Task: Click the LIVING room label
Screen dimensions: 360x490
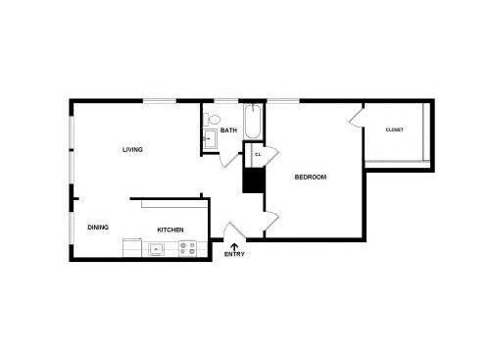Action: coord(132,150)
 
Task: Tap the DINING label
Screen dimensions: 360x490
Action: coord(98,228)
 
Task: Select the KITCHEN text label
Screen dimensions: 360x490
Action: coord(171,230)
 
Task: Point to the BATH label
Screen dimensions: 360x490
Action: coord(228,130)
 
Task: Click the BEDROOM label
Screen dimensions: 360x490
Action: coord(311,178)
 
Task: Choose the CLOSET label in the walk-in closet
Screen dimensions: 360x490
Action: coord(394,129)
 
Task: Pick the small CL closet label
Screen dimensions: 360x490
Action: coord(258,154)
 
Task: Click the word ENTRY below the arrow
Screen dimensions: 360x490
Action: coord(234,255)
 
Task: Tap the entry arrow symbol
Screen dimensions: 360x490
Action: coord(233,245)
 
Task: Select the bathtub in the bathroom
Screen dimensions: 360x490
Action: coord(253,124)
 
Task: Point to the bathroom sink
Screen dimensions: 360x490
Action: coord(208,139)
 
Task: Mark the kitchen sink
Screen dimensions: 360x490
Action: coord(157,249)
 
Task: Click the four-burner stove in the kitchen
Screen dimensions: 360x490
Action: coord(187,249)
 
